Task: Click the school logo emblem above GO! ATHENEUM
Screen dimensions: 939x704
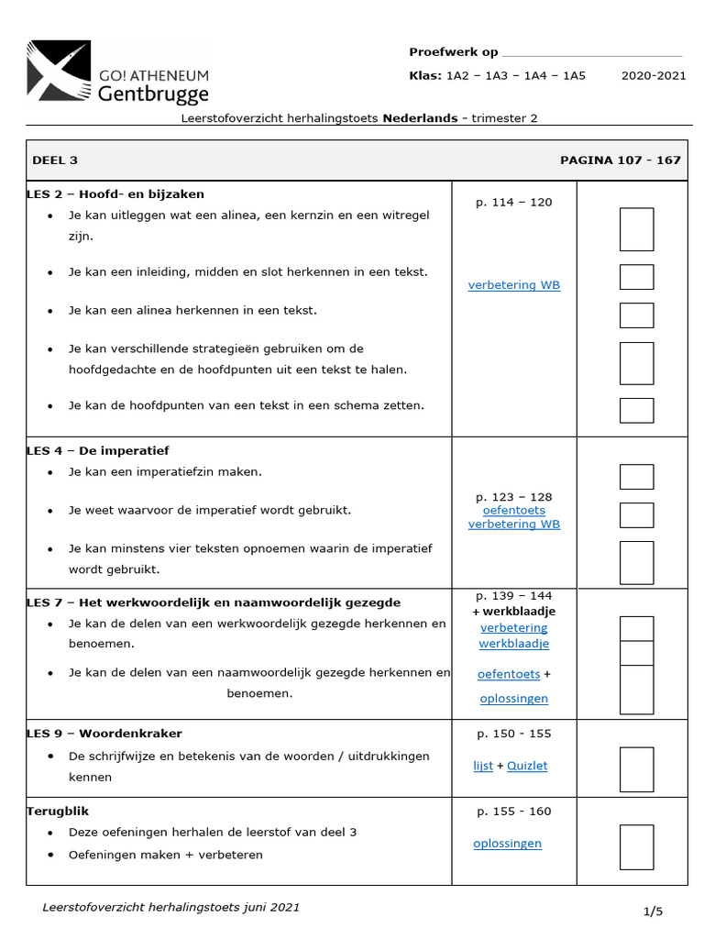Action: coord(59,69)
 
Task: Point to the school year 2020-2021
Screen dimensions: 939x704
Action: coord(653,75)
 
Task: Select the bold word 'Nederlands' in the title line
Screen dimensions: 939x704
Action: coord(420,117)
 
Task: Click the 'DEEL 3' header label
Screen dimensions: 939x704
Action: coord(55,160)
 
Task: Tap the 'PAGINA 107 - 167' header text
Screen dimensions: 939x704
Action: coord(620,160)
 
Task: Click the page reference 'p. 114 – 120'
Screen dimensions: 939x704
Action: coord(513,202)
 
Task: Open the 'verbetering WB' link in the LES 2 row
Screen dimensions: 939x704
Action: coord(513,285)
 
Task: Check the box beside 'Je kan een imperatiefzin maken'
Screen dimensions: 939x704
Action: coord(636,477)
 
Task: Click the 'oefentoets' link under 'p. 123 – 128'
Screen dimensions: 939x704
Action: coord(513,510)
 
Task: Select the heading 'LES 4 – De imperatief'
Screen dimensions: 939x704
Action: coord(98,450)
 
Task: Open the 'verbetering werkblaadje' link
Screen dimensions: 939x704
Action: coord(513,635)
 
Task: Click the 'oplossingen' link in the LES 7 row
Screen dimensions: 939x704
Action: coord(513,699)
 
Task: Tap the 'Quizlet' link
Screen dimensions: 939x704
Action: coord(527,766)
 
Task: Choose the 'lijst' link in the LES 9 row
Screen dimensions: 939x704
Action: coord(483,766)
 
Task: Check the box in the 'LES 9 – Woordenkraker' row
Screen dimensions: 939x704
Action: coord(636,769)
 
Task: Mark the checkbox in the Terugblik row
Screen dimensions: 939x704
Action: coord(636,846)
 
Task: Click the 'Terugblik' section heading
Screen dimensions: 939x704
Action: coord(58,811)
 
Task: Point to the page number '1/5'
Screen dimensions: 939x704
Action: coord(652,911)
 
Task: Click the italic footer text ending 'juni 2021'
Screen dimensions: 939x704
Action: coord(170,907)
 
